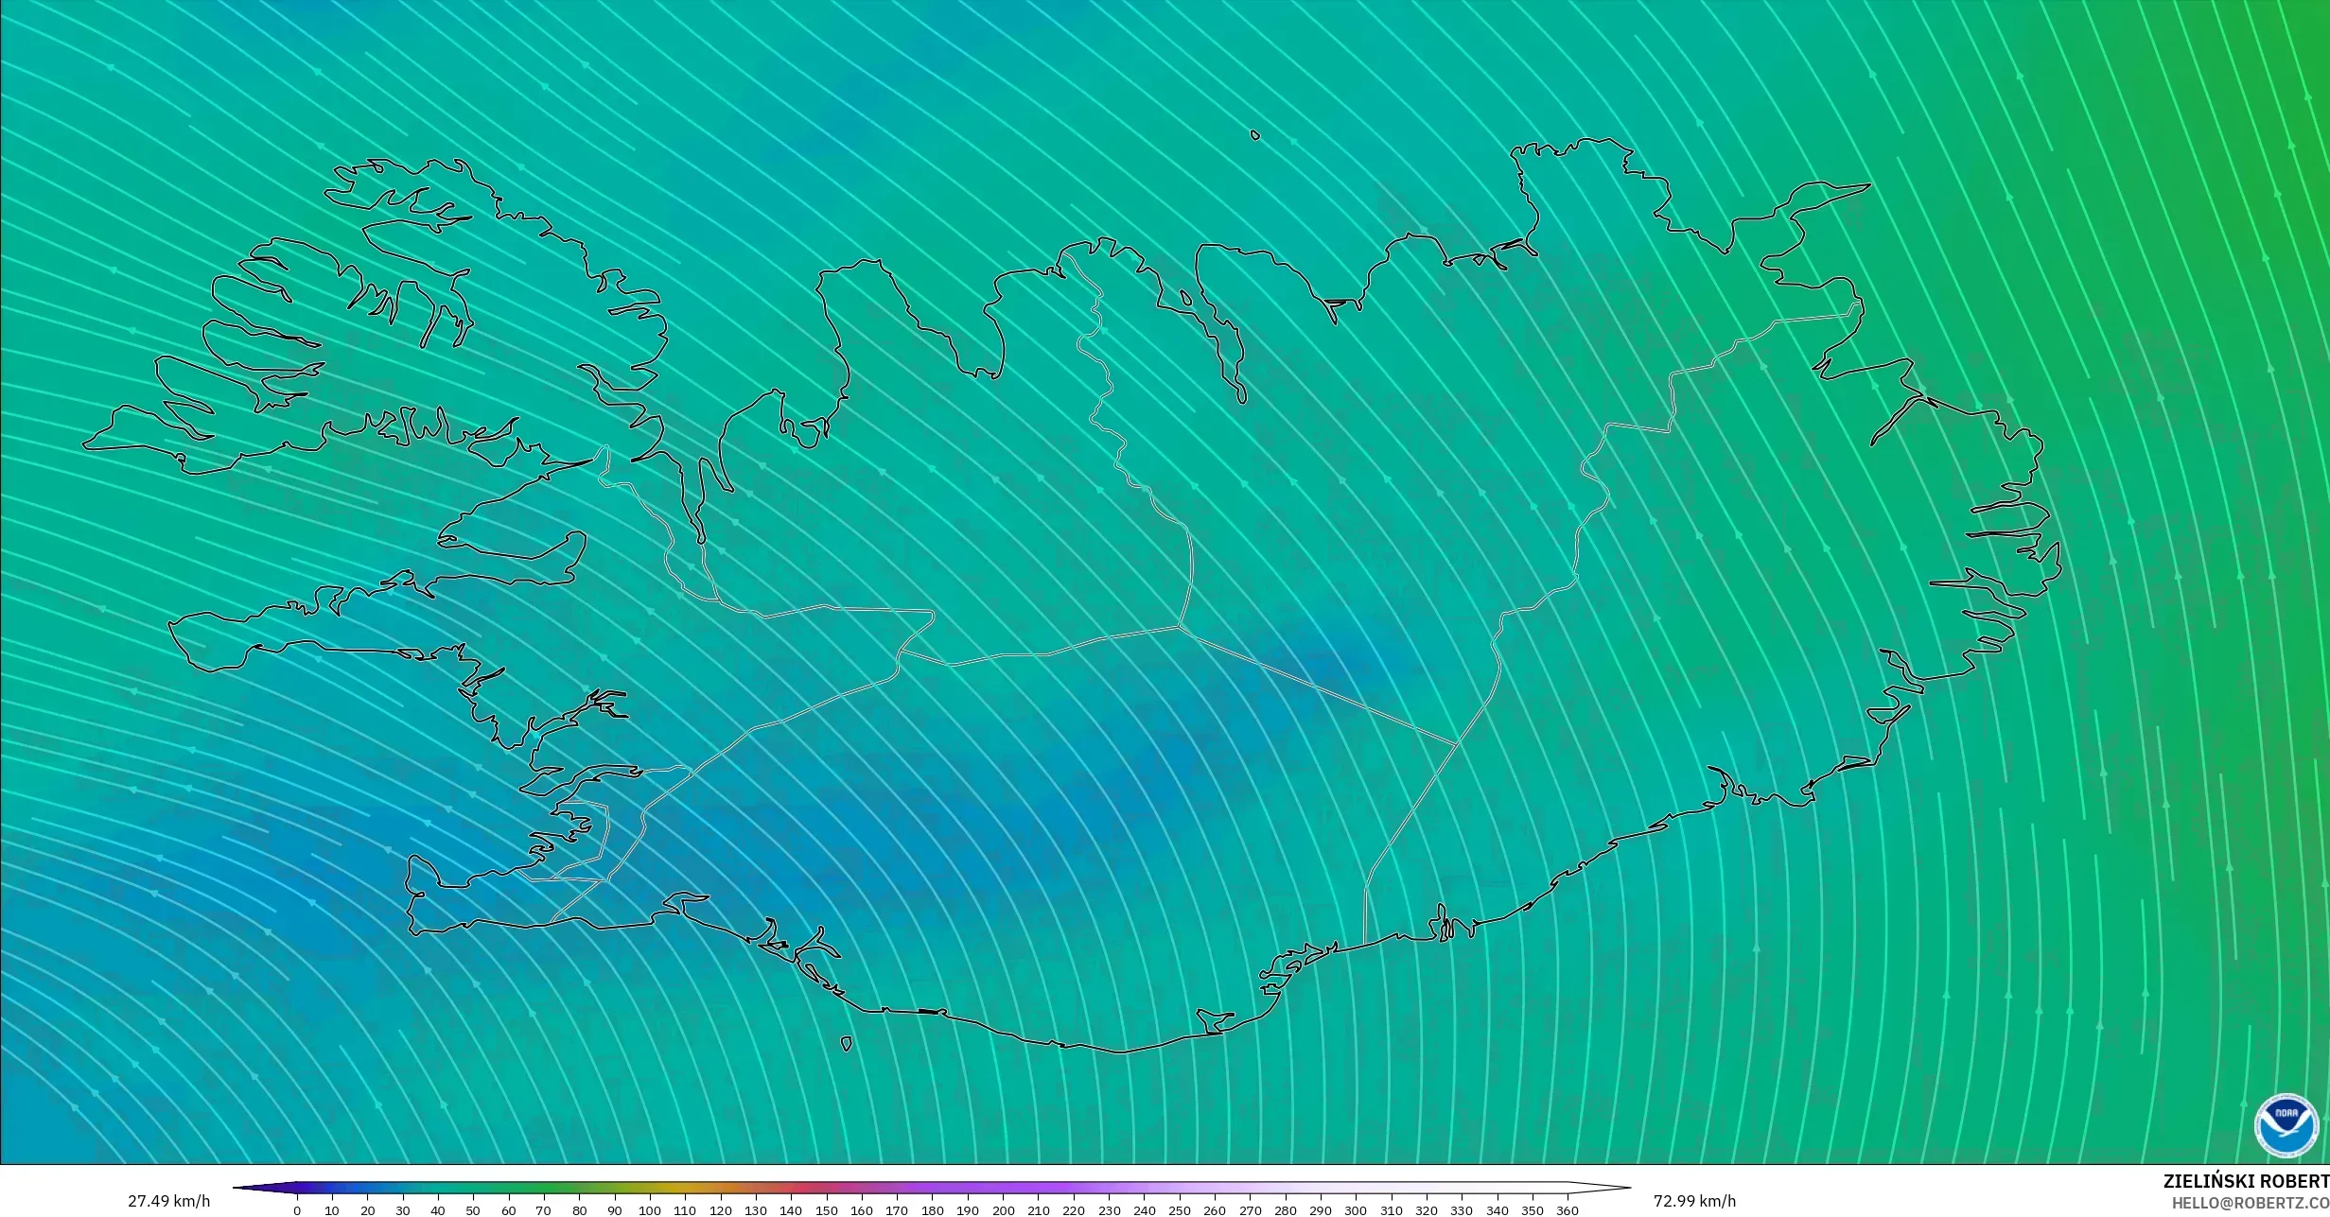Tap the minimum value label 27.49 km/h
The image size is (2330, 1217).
point(169,1202)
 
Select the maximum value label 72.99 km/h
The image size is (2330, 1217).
point(1694,1202)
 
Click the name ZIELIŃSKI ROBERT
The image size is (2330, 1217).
point(2245,1181)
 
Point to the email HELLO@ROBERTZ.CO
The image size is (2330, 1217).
point(2250,1203)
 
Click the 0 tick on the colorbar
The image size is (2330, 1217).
point(297,1210)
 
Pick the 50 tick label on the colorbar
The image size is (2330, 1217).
point(473,1210)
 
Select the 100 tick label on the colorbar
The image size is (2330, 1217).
point(649,1210)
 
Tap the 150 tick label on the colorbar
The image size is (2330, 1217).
point(826,1210)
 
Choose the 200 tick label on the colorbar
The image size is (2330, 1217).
point(1003,1210)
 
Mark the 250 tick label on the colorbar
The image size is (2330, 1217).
point(1179,1210)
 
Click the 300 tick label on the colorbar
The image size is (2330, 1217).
point(1356,1210)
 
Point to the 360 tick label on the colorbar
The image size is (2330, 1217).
point(1568,1210)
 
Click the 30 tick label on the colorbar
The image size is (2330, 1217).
point(403,1210)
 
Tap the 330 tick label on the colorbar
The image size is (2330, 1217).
point(1462,1210)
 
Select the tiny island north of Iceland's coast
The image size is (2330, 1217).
point(1255,135)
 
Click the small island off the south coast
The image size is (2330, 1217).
point(846,1044)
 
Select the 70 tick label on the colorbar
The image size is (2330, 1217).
point(544,1210)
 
